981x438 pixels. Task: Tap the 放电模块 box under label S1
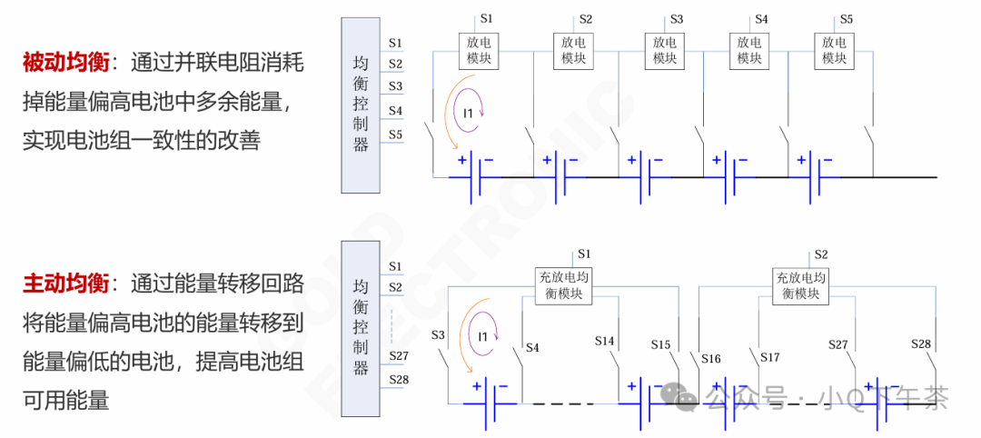pos(476,50)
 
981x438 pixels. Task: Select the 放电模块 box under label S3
pos(665,50)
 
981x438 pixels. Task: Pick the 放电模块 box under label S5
pos(834,50)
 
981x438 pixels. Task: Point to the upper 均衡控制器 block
pos(361,105)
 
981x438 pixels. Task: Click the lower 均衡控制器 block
pos(361,328)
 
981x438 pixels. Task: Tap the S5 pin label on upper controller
pos(395,134)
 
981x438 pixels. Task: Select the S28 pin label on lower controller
pos(398,379)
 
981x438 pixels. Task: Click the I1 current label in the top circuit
pos(469,114)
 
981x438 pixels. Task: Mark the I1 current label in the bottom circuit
pos(483,337)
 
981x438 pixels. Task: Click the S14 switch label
pos(605,341)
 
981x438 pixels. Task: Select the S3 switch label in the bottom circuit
pos(439,336)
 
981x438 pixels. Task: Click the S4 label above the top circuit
pos(761,18)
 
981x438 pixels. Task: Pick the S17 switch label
pos(770,357)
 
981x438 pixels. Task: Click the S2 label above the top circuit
pos(586,18)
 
